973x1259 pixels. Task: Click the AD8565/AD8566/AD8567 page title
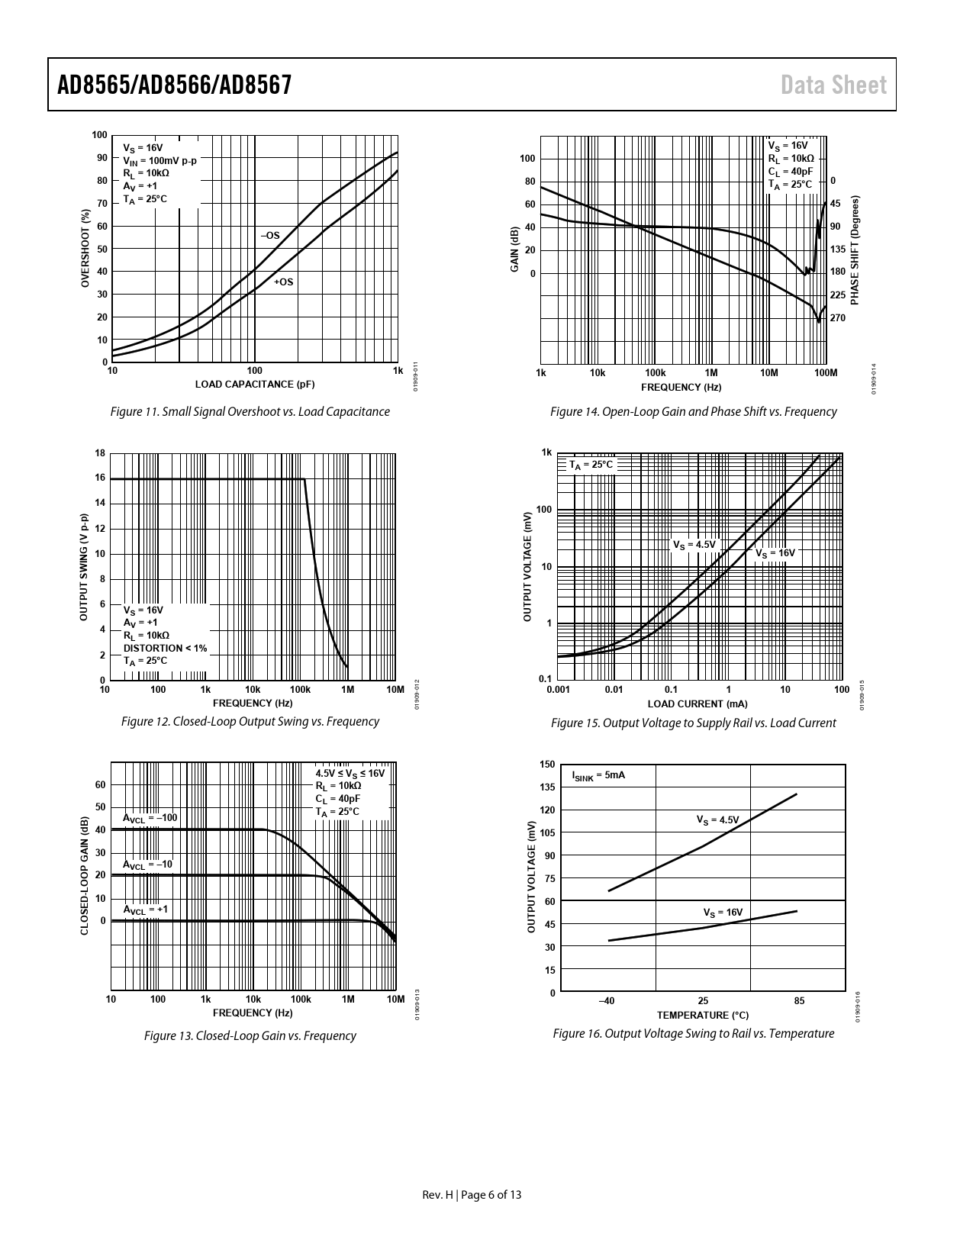click(x=175, y=85)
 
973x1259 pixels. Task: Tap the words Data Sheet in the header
click(x=833, y=85)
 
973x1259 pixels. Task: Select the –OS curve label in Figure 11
click(x=270, y=236)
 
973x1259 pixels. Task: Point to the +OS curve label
click(x=283, y=282)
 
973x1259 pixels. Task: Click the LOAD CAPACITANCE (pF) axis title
click(x=255, y=384)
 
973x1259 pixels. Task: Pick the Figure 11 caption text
click(x=250, y=412)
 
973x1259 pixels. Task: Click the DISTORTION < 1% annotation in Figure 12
click(x=165, y=648)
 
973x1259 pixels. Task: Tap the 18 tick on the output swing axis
click(x=100, y=452)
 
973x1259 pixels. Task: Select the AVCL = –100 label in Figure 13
click(x=150, y=818)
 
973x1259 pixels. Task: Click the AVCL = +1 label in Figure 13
click(x=146, y=910)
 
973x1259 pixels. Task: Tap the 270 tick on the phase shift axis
click(x=837, y=317)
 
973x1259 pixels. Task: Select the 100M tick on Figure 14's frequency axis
click(x=825, y=373)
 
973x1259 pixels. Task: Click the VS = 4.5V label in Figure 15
click(x=694, y=545)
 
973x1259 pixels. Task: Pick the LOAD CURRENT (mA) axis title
click(x=698, y=704)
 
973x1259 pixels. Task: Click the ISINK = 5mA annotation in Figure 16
click(x=598, y=775)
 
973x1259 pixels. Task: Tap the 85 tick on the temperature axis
click(x=799, y=1000)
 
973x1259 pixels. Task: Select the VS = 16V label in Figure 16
click(x=723, y=913)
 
